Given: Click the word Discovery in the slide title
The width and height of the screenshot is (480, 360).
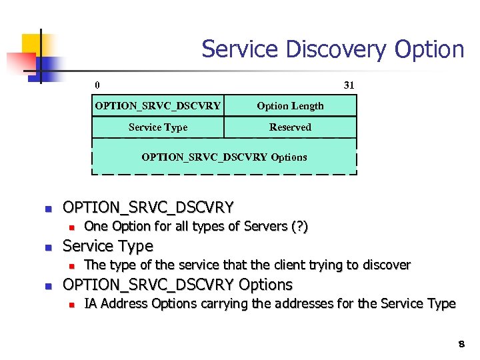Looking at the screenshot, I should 321,49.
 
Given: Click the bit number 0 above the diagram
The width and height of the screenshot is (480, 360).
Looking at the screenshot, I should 97,85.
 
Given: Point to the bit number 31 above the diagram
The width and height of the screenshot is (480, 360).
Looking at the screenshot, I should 349,85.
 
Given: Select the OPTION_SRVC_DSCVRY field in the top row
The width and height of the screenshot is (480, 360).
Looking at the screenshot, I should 158,106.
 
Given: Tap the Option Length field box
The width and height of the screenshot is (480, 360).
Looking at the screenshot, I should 290,106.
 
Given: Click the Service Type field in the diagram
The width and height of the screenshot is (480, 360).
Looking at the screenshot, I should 158,127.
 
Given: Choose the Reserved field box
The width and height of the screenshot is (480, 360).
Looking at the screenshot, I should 290,127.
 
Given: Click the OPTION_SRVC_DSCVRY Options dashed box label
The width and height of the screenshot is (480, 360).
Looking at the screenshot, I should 224,157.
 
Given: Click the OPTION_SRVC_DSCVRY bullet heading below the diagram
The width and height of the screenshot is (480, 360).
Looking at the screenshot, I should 147,207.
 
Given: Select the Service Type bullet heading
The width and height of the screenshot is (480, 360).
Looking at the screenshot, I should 107,246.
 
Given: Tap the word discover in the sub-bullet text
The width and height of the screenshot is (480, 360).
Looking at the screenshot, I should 385,265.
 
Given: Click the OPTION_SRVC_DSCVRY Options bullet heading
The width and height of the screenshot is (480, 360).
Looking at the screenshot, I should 177,285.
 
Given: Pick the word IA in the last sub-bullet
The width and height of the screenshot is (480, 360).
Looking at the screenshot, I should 91,304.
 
